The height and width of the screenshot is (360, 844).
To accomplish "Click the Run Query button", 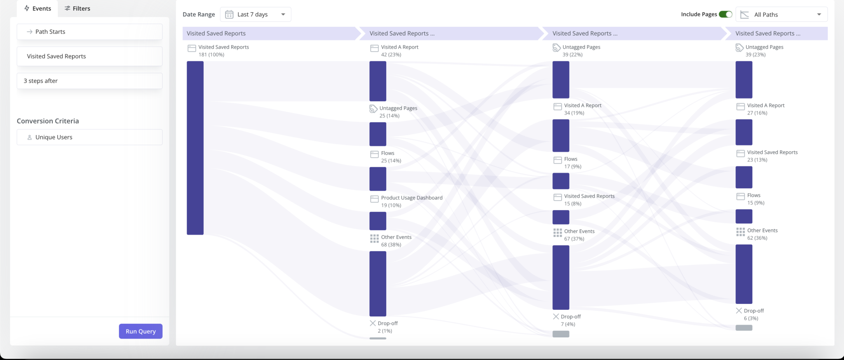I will pos(141,331).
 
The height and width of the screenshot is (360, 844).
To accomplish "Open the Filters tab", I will pos(77,8).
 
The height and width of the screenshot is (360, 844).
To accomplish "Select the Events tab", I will pos(38,8).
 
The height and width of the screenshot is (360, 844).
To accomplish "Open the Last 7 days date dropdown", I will pos(256,14).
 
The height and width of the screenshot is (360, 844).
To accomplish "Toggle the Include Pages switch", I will pos(725,14).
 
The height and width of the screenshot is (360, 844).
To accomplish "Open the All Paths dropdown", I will pos(781,14).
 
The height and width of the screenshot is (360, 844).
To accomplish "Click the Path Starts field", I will pos(89,32).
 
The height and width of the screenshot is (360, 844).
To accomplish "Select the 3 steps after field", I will pos(89,81).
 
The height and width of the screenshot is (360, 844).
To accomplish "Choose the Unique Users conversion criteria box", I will pos(89,137).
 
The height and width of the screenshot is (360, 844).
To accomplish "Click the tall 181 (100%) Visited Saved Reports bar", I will pos(195,148).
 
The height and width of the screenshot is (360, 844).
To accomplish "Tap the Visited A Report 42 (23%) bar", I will pos(377,81).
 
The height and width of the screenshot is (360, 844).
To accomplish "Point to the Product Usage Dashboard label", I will pos(411,198).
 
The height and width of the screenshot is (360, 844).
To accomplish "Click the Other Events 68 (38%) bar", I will pos(377,283).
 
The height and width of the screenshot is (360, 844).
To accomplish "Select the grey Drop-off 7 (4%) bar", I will pos(560,334).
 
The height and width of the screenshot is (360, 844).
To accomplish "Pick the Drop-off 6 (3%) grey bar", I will pos(743,328).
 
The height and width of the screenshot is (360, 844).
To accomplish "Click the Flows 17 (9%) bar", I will pos(560,181).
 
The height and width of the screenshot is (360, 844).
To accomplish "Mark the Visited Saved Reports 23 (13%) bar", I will pos(743,177).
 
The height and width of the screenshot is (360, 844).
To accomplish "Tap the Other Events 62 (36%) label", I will pos(762,231).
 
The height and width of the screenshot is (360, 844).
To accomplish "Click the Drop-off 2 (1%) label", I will pos(387,323).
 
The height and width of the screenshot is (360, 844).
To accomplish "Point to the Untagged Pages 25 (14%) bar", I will pos(377,134).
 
